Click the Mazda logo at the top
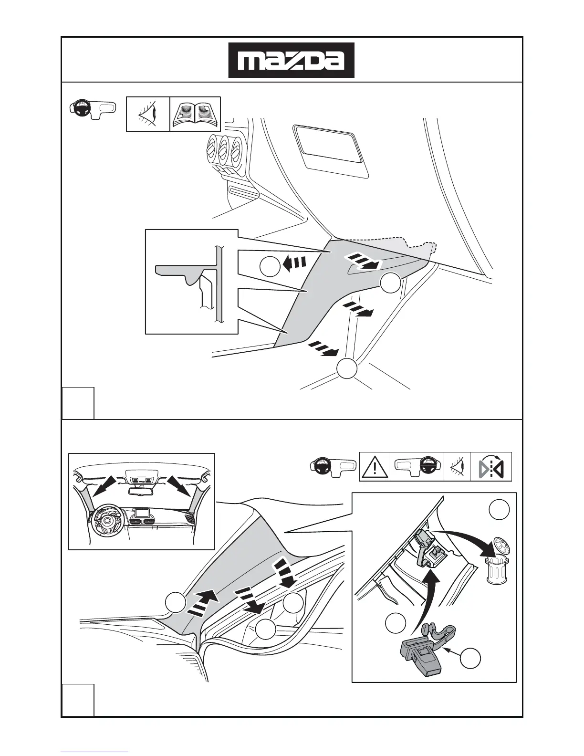point(291,60)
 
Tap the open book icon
point(195,114)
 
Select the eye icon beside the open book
point(148,114)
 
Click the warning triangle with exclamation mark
point(375,466)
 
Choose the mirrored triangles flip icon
point(491,466)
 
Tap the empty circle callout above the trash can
point(499,509)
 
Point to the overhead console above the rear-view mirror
point(142,477)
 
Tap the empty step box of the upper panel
point(78,403)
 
